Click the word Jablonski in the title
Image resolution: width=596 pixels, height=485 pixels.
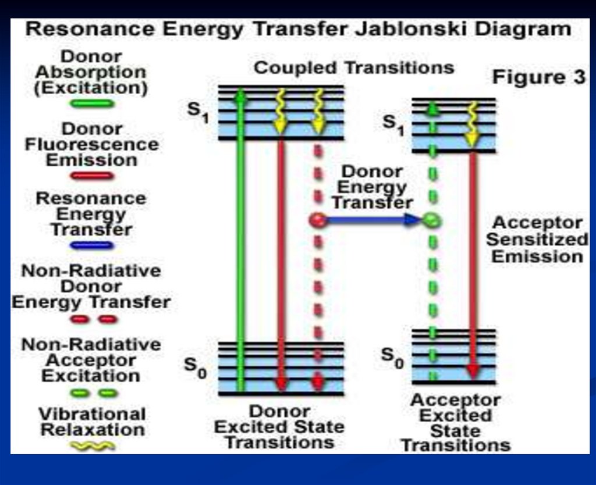pos(410,29)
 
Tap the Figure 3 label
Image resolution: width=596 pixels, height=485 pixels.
pos(538,77)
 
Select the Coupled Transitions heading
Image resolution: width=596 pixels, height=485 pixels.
pos(354,68)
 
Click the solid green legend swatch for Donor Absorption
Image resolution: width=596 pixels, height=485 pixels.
pos(92,104)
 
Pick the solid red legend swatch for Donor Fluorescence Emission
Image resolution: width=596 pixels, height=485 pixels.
pos(92,176)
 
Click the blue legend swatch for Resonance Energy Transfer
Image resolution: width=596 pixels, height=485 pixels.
pos(92,245)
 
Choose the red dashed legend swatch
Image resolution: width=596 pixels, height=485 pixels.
pos(94,319)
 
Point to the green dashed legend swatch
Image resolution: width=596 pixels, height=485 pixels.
pos(94,393)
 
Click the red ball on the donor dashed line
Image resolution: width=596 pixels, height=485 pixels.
pos(318,220)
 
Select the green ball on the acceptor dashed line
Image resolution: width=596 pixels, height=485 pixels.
pos(432,220)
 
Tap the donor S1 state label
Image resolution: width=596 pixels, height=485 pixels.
pos(198,112)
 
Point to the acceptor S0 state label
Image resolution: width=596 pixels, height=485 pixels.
pos(393,358)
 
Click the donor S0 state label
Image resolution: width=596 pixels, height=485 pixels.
pos(196,368)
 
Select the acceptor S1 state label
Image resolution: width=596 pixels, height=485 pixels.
pos(394,125)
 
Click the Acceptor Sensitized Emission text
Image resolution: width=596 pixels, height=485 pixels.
pos(537,239)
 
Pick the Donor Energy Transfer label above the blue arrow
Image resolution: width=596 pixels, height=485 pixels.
pos(372,187)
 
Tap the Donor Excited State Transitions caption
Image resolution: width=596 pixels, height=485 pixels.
pos(279,427)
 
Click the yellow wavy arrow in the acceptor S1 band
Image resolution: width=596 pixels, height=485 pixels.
pos(471,124)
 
